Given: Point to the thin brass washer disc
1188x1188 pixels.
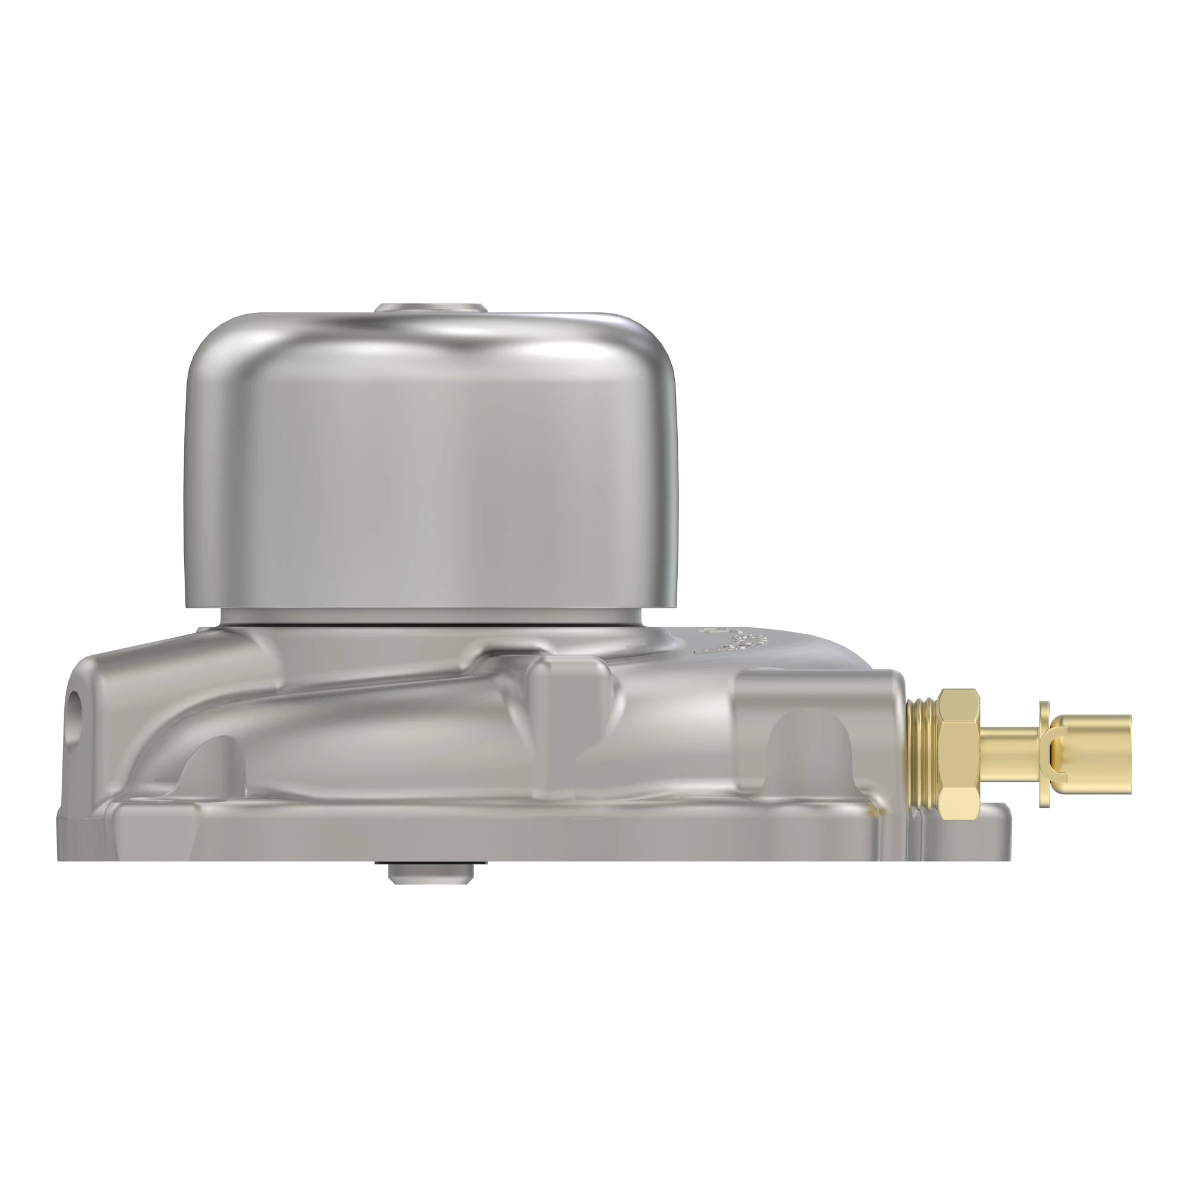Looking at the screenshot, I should [x=1044, y=754].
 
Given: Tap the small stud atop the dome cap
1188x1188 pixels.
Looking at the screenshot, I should [x=431, y=308].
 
